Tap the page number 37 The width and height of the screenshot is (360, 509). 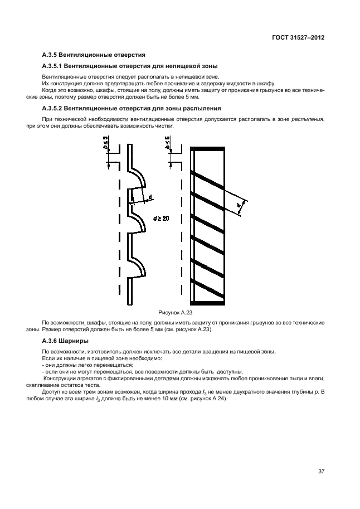pos(321,471)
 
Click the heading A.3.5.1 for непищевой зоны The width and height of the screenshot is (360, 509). pos(130,66)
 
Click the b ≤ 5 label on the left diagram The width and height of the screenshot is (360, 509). pos(106,147)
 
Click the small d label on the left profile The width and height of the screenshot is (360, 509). pos(149,196)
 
